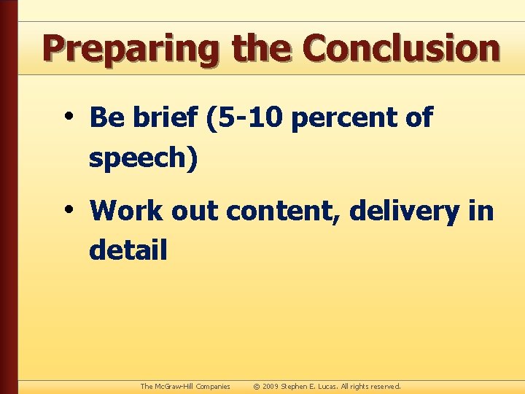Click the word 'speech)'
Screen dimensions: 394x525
(143, 158)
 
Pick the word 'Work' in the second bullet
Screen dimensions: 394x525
(127, 212)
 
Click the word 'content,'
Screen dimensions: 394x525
(284, 212)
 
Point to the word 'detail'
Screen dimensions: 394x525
(128, 250)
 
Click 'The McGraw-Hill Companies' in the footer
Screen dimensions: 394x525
(185, 386)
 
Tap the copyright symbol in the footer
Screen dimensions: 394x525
(257, 386)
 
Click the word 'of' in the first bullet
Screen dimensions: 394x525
(419, 117)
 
